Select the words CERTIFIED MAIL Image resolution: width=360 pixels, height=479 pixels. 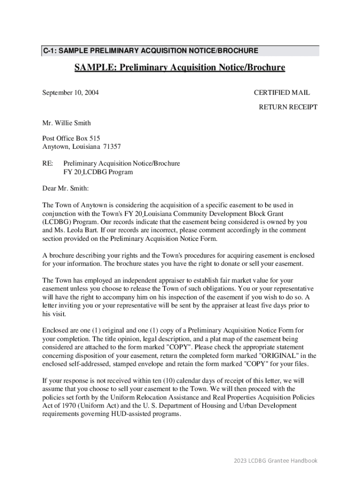click(281, 93)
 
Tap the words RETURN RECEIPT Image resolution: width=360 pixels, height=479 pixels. click(288, 107)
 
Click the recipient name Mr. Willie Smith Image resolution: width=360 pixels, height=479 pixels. click(66, 123)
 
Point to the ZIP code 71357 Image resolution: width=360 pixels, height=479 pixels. click(112, 146)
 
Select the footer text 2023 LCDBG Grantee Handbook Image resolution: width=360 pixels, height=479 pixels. click(276, 461)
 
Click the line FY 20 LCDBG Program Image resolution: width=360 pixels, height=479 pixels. click(98, 172)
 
